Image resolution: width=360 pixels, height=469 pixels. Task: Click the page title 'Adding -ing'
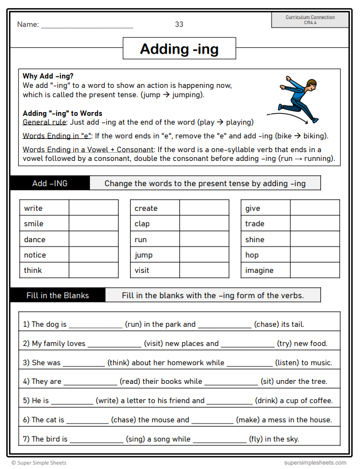(x=179, y=49)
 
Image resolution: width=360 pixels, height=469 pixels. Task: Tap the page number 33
(x=179, y=24)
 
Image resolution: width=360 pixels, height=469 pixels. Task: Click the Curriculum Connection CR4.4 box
(x=310, y=20)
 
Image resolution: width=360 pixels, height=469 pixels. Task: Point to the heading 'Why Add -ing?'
(x=48, y=76)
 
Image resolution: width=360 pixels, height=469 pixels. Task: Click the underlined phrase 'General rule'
(x=44, y=122)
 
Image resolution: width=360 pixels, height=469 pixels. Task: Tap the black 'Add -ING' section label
(x=49, y=183)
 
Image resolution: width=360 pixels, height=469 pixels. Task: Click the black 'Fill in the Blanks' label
(x=58, y=295)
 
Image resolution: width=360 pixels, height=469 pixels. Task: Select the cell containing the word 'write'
(x=44, y=208)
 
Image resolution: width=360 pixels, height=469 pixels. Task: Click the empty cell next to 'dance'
(x=93, y=239)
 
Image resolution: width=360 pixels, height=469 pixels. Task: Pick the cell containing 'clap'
(x=155, y=224)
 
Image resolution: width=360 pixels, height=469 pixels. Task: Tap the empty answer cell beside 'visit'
(x=204, y=270)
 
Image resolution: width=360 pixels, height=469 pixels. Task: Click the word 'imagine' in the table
(x=260, y=270)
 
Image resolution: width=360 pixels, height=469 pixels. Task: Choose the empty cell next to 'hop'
(x=314, y=255)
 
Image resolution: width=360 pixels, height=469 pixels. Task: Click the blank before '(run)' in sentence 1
(x=95, y=325)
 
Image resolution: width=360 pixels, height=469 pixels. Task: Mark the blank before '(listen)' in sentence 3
(x=249, y=363)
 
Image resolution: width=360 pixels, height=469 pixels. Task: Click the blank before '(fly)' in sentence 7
(x=220, y=439)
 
